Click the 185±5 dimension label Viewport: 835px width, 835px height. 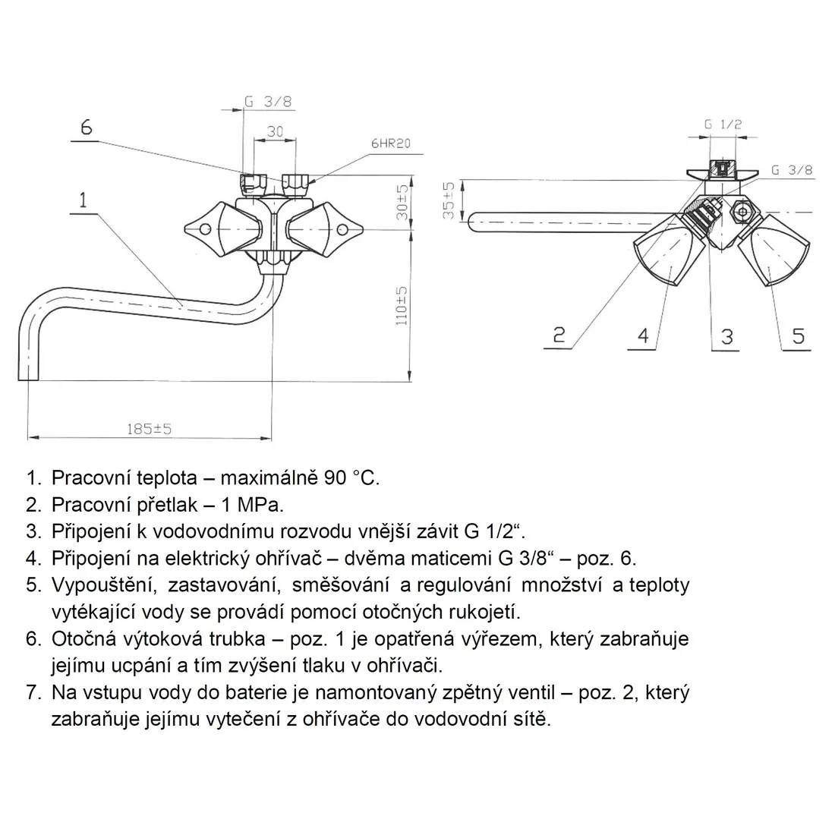[149, 429]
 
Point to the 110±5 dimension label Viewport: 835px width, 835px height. [402, 306]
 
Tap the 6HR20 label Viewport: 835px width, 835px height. [391, 143]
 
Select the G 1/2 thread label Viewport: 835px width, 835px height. [723, 124]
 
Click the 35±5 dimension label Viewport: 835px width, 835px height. [449, 200]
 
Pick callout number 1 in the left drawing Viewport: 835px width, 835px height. [83, 200]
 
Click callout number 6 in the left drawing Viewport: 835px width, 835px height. [87, 128]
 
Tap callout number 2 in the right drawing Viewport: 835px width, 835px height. [559, 335]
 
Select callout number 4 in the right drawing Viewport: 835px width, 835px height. [643, 336]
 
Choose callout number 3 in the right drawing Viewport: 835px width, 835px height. [727, 336]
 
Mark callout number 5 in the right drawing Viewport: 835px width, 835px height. [798, 336]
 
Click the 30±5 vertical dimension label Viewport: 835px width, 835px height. [402, 202]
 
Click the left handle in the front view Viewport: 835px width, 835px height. [223, 229]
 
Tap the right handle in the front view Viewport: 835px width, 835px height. [325, 229]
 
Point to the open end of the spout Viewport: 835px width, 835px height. [29, 380]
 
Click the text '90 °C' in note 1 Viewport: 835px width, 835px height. [351, 477]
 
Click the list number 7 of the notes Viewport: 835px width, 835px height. [33, 693]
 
